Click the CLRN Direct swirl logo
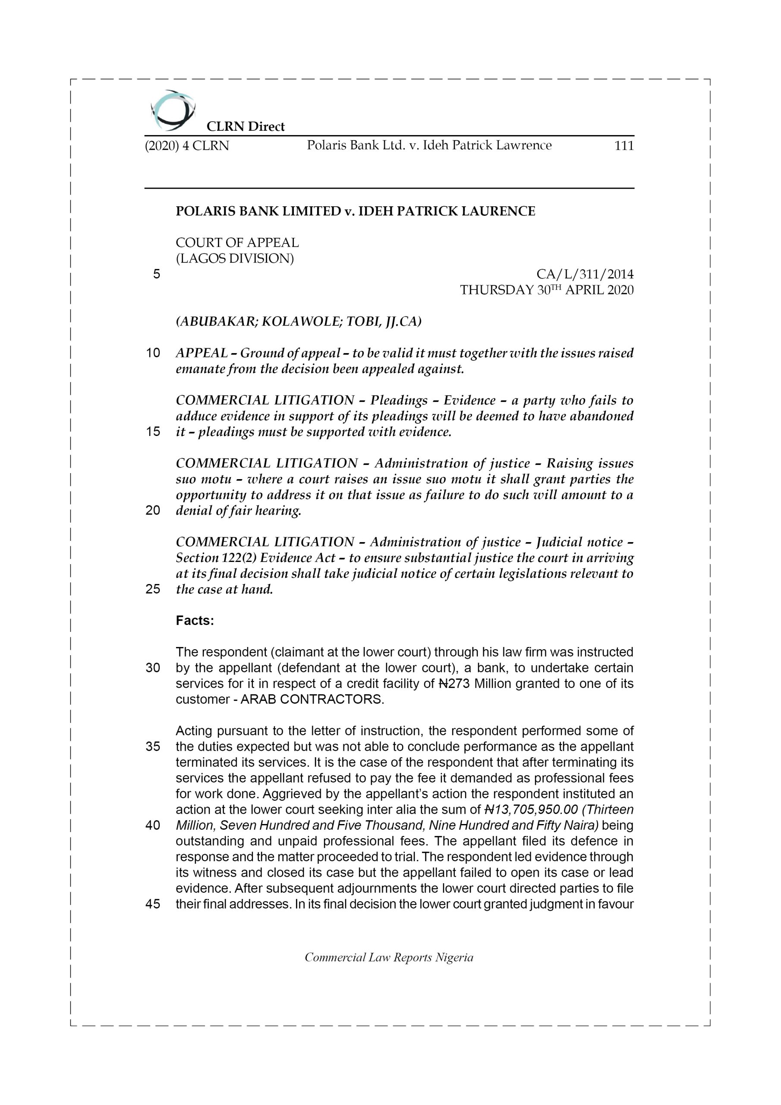coord(172,110)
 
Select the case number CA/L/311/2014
coord(585,275)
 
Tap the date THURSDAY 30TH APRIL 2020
coord(547,290)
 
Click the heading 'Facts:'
coord(195,621)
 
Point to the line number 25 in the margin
coord(153,589)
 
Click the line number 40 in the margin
coord(153,825)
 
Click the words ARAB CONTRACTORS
coord(312,699)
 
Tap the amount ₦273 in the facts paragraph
coord(454,684)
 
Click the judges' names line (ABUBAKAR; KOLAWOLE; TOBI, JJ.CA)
coord(298,322)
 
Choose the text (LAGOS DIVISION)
coord(234,259)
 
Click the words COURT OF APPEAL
coord(237,243)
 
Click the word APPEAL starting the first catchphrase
coord(202,353)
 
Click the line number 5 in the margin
coord(156,275)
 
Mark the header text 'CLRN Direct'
coord(246,126)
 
